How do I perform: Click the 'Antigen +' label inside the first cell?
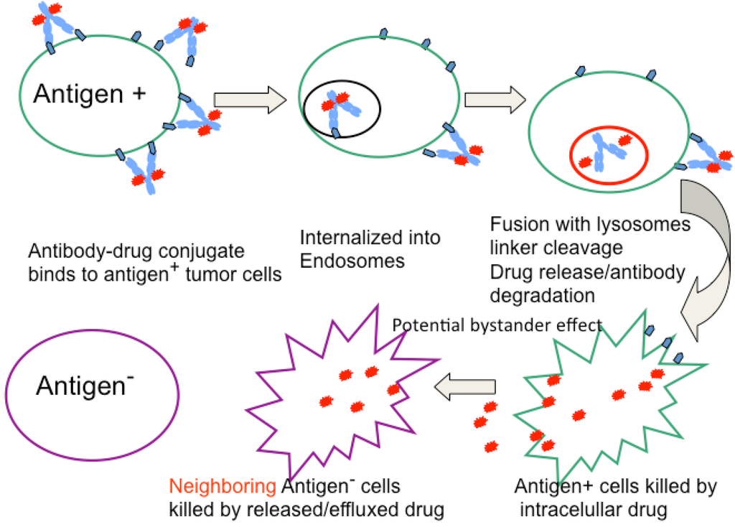[x=90, y=93]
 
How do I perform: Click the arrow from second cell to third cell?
[x=495, y=98]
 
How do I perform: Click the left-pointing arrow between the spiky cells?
[x=466, y=388]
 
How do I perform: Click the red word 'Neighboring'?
[x=222, y=487]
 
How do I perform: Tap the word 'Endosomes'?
[x=352, y=261]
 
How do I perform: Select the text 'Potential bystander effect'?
[x=497, y=325]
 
